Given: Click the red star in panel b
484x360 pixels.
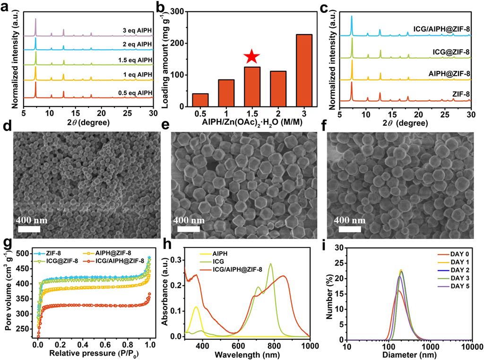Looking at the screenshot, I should [252, 57].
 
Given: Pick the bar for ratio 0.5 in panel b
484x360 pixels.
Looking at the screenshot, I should [200, 100].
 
